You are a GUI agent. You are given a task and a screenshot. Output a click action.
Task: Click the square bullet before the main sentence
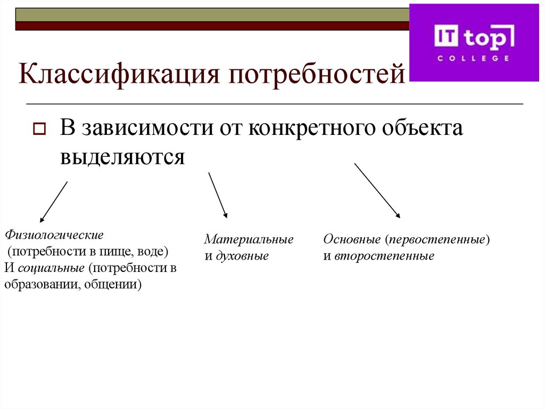39,130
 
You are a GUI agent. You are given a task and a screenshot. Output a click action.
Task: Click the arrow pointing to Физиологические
54,202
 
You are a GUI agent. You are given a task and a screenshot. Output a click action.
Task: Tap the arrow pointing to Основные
377,190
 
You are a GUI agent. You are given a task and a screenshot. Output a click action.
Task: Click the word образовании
40,284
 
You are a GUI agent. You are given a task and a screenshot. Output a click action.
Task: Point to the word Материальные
249,239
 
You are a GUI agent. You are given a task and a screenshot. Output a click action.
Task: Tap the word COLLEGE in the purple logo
473,58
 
